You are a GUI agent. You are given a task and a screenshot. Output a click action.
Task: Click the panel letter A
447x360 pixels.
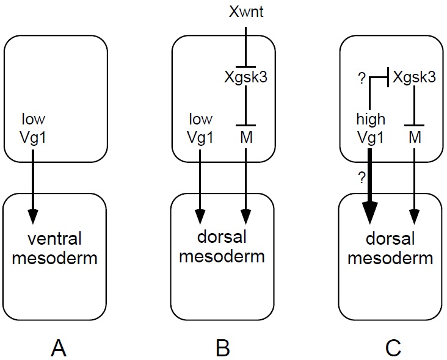[59, 348]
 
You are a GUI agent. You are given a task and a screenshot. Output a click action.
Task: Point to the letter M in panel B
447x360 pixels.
[245, 138]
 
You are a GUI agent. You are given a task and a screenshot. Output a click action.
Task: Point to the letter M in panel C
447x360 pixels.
[415, 138]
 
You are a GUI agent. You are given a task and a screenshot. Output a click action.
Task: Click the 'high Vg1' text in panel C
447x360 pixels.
[370, 129]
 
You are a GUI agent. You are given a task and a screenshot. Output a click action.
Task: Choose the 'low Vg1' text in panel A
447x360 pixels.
[33, 128]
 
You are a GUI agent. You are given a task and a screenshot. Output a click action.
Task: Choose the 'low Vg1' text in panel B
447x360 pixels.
[201, 128]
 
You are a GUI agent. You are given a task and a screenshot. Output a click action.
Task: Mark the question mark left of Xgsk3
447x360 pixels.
[361, 79]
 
